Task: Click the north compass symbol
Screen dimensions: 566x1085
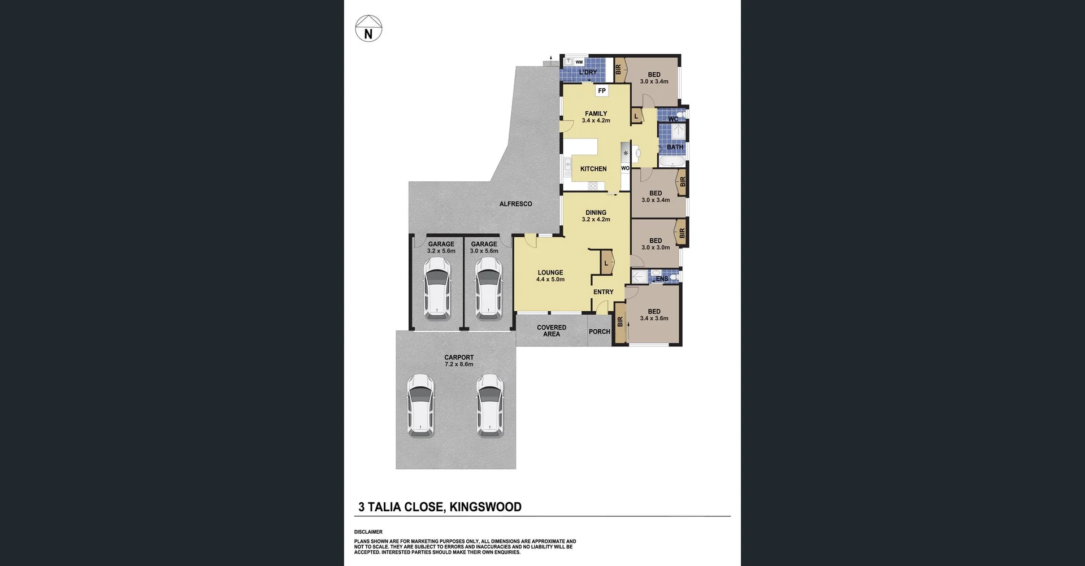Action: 368,29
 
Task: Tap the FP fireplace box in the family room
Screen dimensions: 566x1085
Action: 602,91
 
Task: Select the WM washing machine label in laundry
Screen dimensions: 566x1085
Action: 579,62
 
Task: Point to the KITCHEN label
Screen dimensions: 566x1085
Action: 593,169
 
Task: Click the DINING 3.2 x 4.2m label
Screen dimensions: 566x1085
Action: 596,216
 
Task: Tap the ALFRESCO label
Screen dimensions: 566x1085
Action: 515,204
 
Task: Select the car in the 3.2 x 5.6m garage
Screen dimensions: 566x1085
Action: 437,287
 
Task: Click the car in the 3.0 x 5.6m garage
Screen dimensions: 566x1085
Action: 488,287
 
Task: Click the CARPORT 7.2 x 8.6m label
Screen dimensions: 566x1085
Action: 459,360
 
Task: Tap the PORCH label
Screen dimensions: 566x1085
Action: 600,332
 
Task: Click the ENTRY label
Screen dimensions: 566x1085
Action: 603,292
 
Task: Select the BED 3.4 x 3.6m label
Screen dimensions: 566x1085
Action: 654,315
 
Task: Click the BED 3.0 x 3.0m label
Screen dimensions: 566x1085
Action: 656,243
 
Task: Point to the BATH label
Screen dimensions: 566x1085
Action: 675,147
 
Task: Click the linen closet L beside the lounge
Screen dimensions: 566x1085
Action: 606,263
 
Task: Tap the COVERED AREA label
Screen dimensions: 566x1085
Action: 552,330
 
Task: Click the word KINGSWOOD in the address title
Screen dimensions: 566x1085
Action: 485,507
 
